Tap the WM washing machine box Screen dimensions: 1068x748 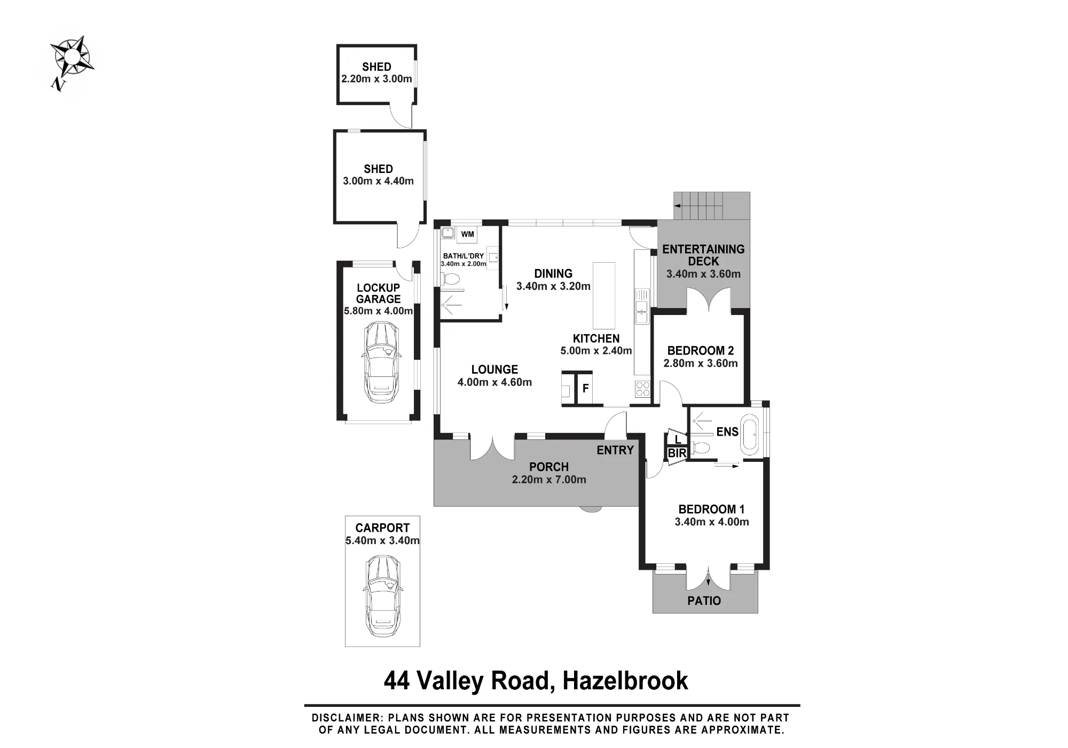pos(467,234)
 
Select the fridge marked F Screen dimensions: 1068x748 pos(585,388)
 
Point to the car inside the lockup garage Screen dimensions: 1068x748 pos(380,363)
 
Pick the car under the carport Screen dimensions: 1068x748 pos(382,595)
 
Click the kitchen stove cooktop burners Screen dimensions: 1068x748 pos(642,389)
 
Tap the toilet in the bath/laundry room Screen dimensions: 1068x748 pos(450,279)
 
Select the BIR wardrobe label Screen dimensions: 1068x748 pos(677,453)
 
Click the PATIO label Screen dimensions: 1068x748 pos(704,601)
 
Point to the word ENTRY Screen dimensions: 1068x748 pos(615,450)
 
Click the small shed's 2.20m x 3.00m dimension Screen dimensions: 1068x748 pos(376,79)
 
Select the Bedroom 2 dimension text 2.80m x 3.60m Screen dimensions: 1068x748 pos(701,364)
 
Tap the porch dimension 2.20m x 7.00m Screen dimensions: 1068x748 pos(549,479)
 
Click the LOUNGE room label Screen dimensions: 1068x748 pos(494,369)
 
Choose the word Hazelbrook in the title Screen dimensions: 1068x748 pos(625,681)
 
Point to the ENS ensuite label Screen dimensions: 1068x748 pos(727,432)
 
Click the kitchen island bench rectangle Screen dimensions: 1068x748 pos(604,295)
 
